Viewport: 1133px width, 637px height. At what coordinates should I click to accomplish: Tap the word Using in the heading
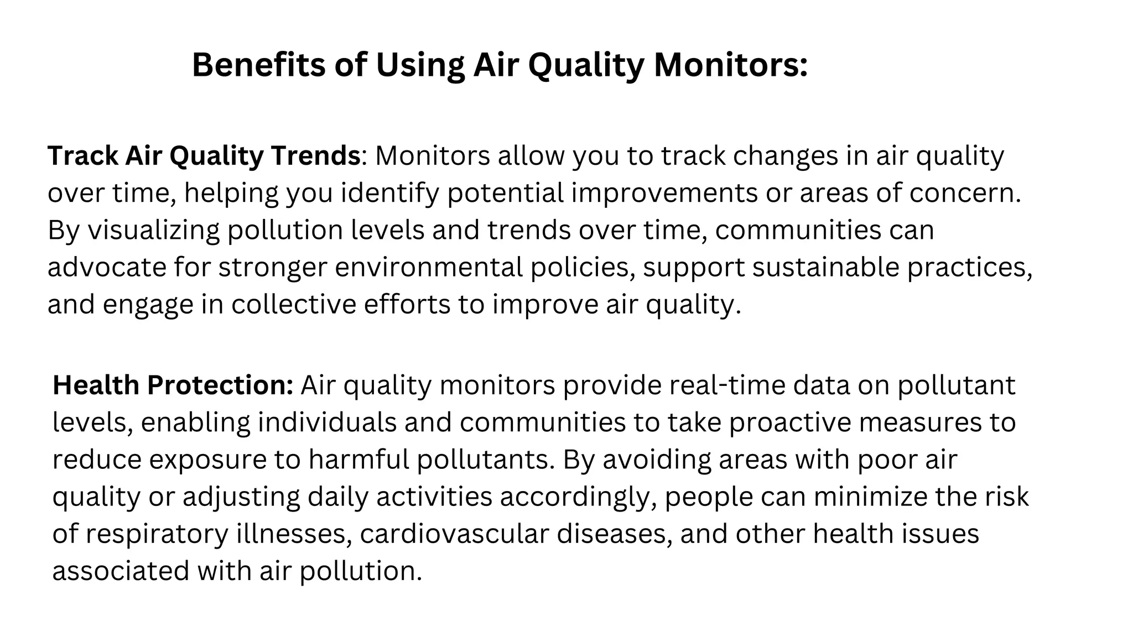point(420,65)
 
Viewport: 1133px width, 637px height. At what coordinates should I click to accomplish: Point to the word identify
point(389,193)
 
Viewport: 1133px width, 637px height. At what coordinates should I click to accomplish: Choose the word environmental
point(429,267)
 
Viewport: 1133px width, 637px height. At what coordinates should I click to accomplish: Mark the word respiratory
point(157,534)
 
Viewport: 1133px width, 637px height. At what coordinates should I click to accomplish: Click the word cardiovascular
point(454,534)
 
